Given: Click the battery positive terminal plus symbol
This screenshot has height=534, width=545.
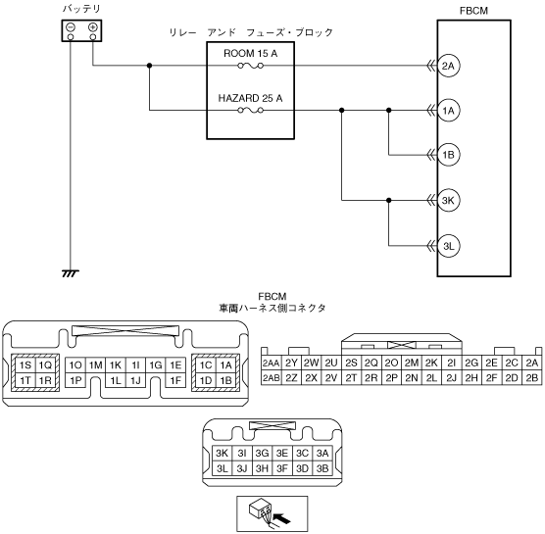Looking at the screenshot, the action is pyautogui.click(x=93, y=27).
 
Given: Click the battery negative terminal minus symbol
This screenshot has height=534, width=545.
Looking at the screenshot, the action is pyautogui.click(x=71, y=27).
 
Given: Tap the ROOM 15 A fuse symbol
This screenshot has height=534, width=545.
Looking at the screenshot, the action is pyautogui.click(x=250, y=66).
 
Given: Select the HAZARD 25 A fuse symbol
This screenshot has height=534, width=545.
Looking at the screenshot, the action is pyautogui.click(x=250, y=111).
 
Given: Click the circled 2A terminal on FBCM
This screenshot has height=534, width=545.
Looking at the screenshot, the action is pyautogui.click(x=448, y=66).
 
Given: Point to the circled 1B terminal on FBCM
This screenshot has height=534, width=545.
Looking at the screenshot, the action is pyautogui.click(x=448, y=155).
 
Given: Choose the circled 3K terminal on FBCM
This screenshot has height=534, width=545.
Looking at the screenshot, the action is pyautogui.click(x=448, y=200).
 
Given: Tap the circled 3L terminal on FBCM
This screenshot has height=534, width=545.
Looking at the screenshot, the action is pyautogui.click(x=448, y=246).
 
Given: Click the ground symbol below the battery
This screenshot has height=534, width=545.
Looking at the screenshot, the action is pyautogui.click(x=71, y=273).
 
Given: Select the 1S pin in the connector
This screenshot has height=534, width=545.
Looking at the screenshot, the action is pyautogui.click(x=25, y=365).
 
